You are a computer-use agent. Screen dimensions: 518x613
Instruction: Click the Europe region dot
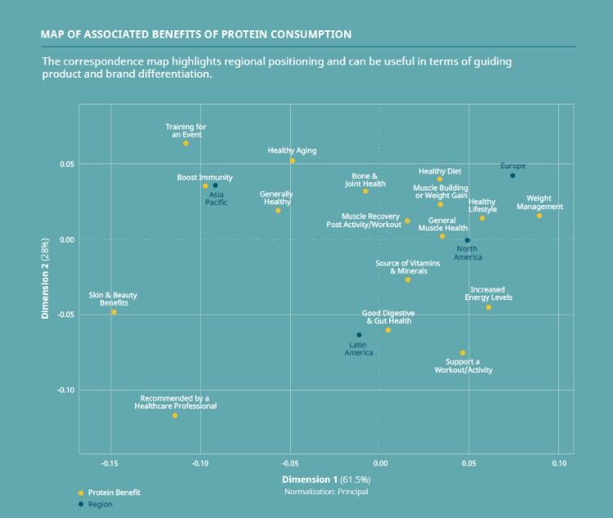[512, 176]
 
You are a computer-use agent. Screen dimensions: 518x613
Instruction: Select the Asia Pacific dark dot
[215, 185]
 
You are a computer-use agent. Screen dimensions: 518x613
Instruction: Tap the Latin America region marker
[359, 335]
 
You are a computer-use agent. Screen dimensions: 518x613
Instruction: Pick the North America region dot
[467, 240]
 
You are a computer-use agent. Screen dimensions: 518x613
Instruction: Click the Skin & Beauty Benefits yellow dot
[114, 312]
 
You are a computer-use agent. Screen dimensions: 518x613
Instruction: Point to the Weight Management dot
[539, 216]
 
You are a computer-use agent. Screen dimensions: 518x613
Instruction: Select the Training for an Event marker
[186, 144]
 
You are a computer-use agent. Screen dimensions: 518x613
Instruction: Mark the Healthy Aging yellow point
[292, 161]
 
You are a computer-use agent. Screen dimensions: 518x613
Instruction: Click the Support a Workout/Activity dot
[463, 353]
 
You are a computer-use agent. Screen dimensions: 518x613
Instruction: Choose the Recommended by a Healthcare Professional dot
[175, 416]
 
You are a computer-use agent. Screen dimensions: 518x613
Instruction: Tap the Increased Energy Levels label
[489, 293]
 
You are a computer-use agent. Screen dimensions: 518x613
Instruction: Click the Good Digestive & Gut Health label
[388, 317]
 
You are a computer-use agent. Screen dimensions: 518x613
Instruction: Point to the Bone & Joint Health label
[365, 180]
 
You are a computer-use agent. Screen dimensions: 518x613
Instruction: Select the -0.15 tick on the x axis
[110, 464]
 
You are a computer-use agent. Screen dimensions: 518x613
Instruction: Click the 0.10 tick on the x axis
[559, 464]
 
